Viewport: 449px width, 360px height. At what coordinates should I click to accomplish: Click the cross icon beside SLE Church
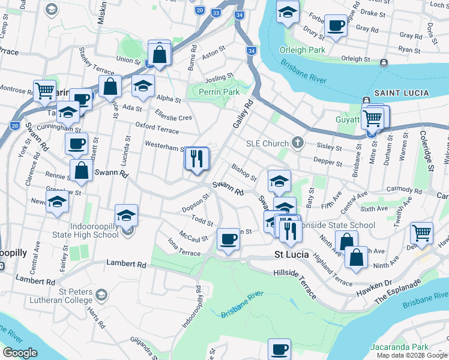pos(297,143)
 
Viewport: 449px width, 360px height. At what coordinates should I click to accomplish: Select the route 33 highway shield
pos(215,11)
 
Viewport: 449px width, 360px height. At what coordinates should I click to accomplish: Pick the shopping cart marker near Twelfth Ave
pos(422,233)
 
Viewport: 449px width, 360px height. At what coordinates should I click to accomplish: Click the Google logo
pos(20,353)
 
